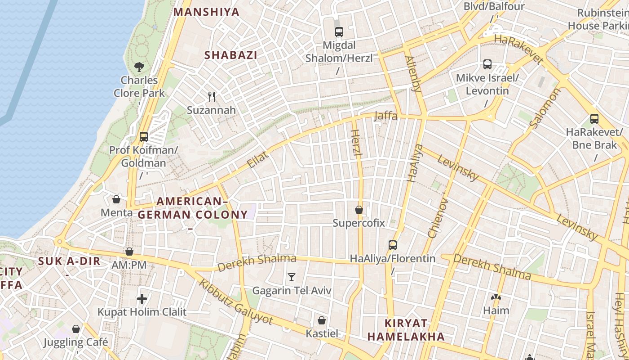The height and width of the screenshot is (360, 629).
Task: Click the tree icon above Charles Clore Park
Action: pyautogui.click(x=139, y=67)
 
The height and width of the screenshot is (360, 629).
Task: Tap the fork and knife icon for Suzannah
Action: pyautogui.click(x=212, y=96)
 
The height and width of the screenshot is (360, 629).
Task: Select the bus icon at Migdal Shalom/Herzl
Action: pyautogui.click(x=339, y=32)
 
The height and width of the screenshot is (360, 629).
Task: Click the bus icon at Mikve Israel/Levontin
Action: pyautogui.click(x=487, y=64)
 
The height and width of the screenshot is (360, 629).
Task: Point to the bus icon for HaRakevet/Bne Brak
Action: pyautogui.click(x=594, y=119)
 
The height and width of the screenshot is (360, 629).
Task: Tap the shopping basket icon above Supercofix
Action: pyautogui.click(x=359, y=210)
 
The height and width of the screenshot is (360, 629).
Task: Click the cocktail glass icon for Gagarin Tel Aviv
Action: pyautogui.click(x=292, y=277)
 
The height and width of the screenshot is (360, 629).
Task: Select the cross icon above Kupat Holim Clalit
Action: pyautogui.click(x=142, y=299)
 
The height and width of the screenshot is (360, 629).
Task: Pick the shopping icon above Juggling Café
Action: pyautogui.click(x=76, y=329)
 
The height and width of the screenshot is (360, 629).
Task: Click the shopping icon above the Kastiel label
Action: pyautogui.click(x=322, y=320)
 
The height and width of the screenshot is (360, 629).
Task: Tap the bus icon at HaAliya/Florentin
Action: pyautogui.click(x=393, y=245)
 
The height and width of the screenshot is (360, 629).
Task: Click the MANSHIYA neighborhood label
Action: pyautogui.click(x=207, y=12)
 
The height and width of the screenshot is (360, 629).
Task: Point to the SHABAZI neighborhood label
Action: pyautogui.click(x=231, y=55)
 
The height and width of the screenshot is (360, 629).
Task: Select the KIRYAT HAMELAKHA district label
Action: pyautogui.click(x=406, y=330)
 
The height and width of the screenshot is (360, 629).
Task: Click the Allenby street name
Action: pyautogui.click(x=413, y=74)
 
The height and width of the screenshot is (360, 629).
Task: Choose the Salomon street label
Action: pyautogui.click(x=545, y=108)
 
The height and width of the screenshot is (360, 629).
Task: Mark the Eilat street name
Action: pyautogui.click(x=258, y=160)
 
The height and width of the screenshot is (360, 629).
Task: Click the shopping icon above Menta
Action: pyautogui.click(x=116, y=199)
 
